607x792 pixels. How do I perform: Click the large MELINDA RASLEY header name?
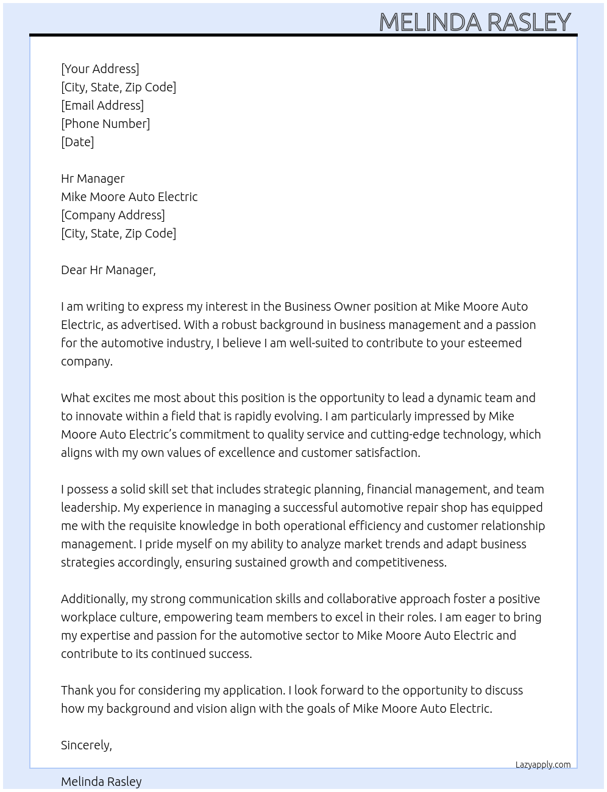pyautogui.click(x=475, y=22)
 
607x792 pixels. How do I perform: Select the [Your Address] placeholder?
pyautogui.click(x=100, y=69)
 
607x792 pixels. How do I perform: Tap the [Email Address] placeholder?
pyautogui.click(x=102, y=105)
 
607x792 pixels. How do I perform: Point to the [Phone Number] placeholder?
pyautogui.click(x=105, y=124)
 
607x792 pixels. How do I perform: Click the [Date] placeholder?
pyautogui.click(x=77, y=142)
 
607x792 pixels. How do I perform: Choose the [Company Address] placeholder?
pyautogui.click(x=113, y=215)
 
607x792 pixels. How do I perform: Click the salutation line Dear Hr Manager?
pyautogui.click(x=108, y=270)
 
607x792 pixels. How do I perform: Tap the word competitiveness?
pyautogui.click(x=400, y=562)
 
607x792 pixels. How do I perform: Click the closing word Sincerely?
pyautogui.click(x=87, y=745)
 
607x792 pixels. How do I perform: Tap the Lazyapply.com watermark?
pyautogui.click(x=543, y=765)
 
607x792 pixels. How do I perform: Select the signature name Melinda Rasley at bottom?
pyautogui.click(x=101, y=782)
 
